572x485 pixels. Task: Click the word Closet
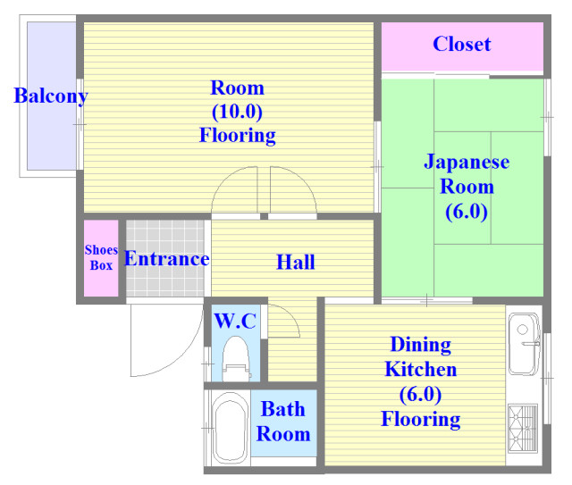coord(462,44)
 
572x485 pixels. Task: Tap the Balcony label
coord(51,96)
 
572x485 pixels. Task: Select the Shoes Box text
coord(101,257)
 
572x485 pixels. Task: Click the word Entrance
coord(167,259)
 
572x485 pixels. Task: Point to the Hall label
coord(296,262)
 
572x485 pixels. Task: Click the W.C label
coord(235,321)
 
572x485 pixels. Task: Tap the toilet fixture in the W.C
coord(236,359)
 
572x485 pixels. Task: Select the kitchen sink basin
coord(525,344)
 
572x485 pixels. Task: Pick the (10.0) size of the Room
coord(237,112)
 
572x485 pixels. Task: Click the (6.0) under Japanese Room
coord(467,212)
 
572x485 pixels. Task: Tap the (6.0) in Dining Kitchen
coord(420,395)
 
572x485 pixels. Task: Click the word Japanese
coord(467,162)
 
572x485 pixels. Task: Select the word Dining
coord(421,345)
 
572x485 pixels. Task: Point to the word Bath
coord(283,409)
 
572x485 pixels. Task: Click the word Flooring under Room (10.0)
coord(238,136)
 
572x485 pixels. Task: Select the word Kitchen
coord(421,370)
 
